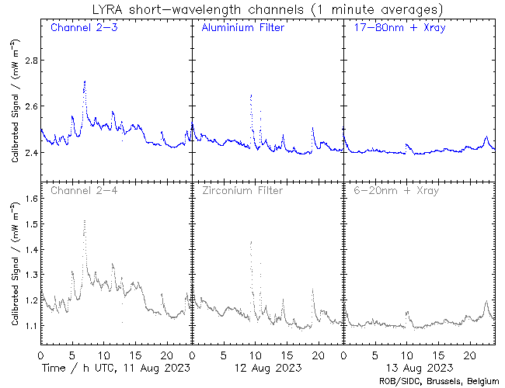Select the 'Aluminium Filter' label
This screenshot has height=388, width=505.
(x=242, y=29)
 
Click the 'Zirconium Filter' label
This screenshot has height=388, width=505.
(x=242, y=190)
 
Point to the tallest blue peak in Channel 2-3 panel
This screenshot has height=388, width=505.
(x=84, y=81)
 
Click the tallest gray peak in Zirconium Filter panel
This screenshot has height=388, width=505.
(x=251, y=242)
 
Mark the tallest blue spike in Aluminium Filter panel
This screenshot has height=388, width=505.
(x=251, y=95)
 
